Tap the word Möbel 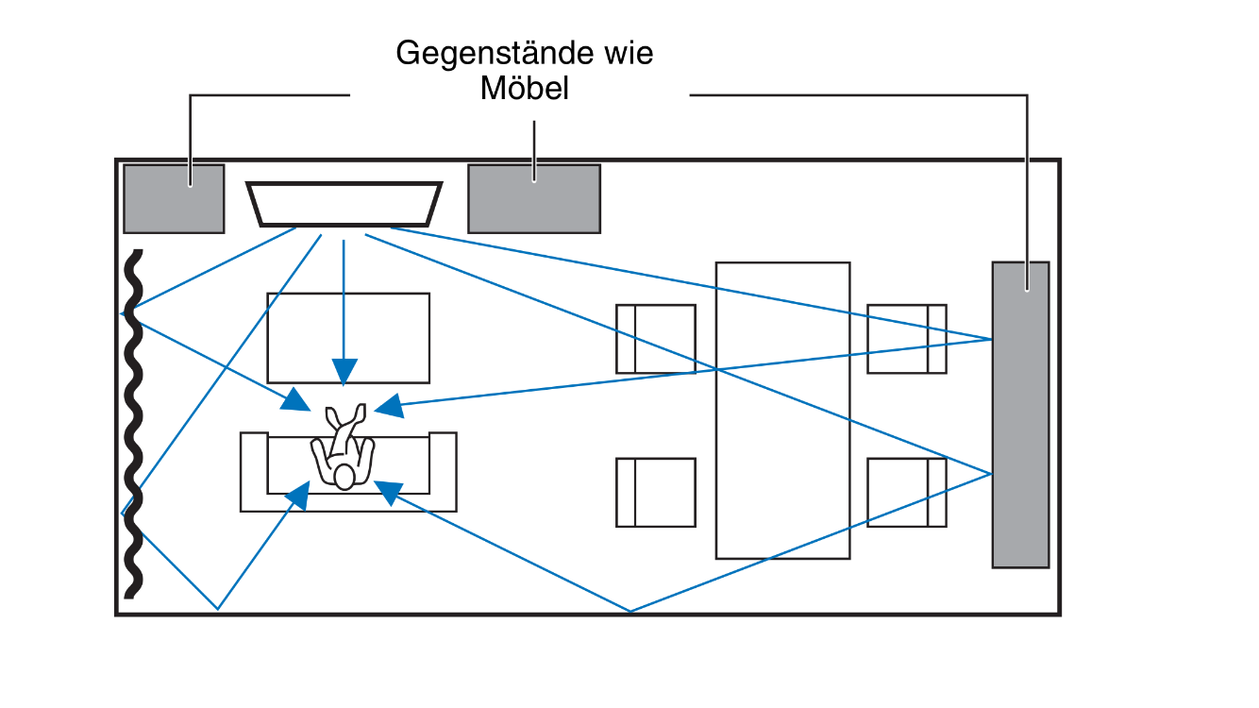[x=525, y=89]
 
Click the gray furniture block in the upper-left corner [x=174, y=198]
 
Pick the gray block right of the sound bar [x=534, y=198]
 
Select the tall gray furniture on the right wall [x=1020, y=414]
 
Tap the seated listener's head [x=344, y=477]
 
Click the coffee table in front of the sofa [x=348, y=337]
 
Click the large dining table [x=782, y=410]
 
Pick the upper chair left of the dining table [x=656, y=338]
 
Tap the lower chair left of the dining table [x=656, y=492]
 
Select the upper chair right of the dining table [x=906, y=338]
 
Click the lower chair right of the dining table [x=906, y=492]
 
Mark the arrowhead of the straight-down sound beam [x=344, y=371]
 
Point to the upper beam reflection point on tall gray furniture [x=992, y=339]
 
